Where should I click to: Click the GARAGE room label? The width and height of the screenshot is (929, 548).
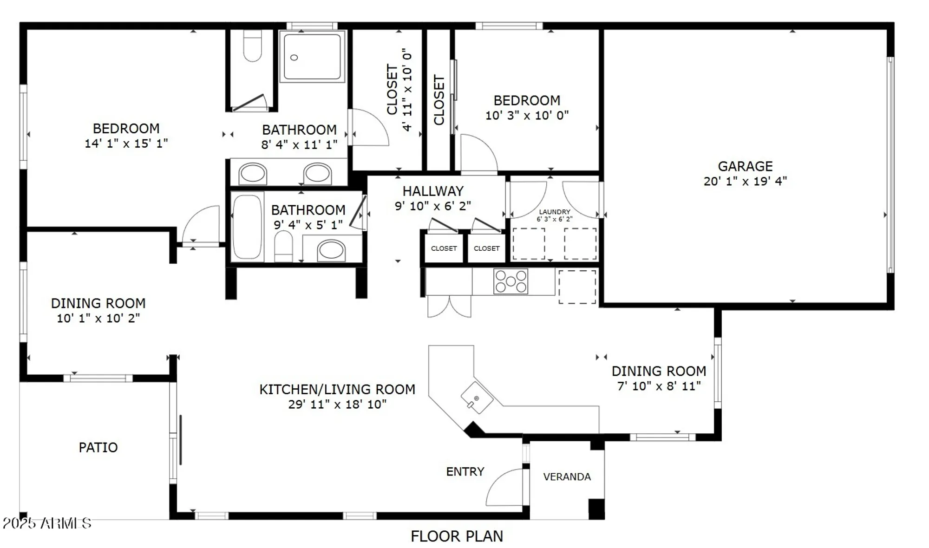745,166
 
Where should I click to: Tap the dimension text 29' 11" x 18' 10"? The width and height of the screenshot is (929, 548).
337,404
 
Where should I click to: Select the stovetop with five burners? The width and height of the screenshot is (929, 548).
510,281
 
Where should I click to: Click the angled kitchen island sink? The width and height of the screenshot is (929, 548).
476,398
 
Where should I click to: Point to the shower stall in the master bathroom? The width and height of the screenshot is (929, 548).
312,56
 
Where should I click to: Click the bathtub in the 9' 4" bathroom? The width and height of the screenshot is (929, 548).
247,227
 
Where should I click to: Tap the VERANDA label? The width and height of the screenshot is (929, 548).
567,477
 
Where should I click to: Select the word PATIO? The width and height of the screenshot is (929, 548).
98,447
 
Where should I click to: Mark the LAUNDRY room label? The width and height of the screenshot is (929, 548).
555,212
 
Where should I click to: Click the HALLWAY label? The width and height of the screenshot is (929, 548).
433,191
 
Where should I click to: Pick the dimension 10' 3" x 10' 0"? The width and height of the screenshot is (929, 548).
527,115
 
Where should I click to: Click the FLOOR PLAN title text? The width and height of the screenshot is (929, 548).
457,536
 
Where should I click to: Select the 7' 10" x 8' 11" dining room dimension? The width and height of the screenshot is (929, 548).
659,386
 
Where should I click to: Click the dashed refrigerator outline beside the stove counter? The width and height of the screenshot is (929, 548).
577,287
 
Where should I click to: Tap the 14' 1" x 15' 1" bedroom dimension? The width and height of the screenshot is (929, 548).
126,144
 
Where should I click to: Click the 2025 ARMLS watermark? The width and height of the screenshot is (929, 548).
46,523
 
